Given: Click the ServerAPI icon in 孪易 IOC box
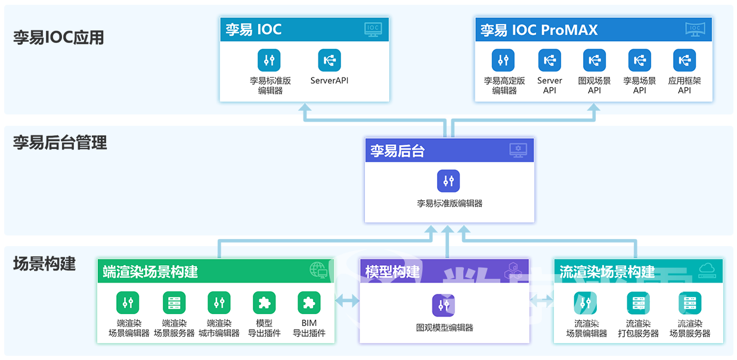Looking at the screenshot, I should (329, 60).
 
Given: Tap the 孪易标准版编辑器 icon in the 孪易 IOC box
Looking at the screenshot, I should (270, 60).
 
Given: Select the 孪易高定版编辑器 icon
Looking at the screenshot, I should (504, 60).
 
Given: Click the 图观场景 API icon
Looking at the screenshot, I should (594, 60).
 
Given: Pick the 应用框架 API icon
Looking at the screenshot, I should (684, 60).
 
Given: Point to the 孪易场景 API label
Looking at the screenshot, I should (639, 85).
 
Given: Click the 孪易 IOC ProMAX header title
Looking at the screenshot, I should (538, 30).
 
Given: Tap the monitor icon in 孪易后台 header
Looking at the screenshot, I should (518, 150).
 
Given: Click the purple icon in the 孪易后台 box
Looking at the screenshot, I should (448, 181).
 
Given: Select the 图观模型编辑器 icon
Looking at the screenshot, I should (444, 305).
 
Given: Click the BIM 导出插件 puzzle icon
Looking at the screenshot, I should (309, 303).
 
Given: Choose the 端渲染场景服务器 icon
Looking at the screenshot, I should (174, 303).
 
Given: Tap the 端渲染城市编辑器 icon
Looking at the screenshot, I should (219, 303).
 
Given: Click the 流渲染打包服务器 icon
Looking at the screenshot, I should (638, 303).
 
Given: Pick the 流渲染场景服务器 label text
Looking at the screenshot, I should (690, 328).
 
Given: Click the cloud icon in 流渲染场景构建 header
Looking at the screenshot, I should (707, 271).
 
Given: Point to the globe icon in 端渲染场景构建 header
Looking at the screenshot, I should (318, 271).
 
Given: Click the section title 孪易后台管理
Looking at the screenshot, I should (60, 143).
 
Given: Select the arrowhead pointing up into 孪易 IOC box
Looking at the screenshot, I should (305, 108).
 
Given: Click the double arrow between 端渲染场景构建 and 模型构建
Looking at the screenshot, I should (347, 301).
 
